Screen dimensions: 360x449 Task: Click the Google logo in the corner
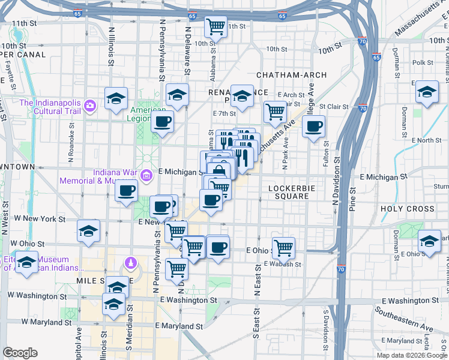coord(20,353)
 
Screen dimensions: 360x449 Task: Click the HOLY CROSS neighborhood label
coord(407,209)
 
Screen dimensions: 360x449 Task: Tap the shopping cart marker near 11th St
coord(215,26)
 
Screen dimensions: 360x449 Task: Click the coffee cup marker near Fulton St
coord(314,127)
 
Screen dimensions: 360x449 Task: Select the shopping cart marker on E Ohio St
coord(283,247)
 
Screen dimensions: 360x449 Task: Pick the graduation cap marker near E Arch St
coord(242,96)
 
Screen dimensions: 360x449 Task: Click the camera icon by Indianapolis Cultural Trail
coord(90,106)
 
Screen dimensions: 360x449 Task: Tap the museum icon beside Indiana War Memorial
coord(146,175)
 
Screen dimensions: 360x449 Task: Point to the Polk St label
coord(423,62)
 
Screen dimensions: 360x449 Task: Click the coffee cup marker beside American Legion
coord(161,122)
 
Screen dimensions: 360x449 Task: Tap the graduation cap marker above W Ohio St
coord(88,231)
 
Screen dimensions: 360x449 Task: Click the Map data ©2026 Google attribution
coord(412,355)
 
